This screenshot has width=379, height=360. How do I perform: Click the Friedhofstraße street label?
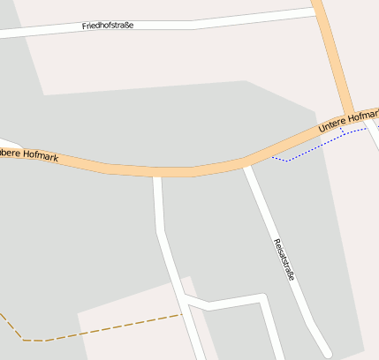coord(108,26)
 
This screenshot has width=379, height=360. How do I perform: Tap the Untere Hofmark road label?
coord(348,123)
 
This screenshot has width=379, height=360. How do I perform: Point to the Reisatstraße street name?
coord(284,259)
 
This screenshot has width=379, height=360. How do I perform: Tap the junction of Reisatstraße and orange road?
coord(246,162)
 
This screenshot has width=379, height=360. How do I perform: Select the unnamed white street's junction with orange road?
coord(157,172)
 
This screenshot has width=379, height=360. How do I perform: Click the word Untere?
coord(332,126)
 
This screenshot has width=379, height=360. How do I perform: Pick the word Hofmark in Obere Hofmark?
coord(42,156)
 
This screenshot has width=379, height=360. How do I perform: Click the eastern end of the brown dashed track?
coord(180,314)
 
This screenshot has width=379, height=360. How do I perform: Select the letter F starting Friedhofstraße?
coord(85,27)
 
